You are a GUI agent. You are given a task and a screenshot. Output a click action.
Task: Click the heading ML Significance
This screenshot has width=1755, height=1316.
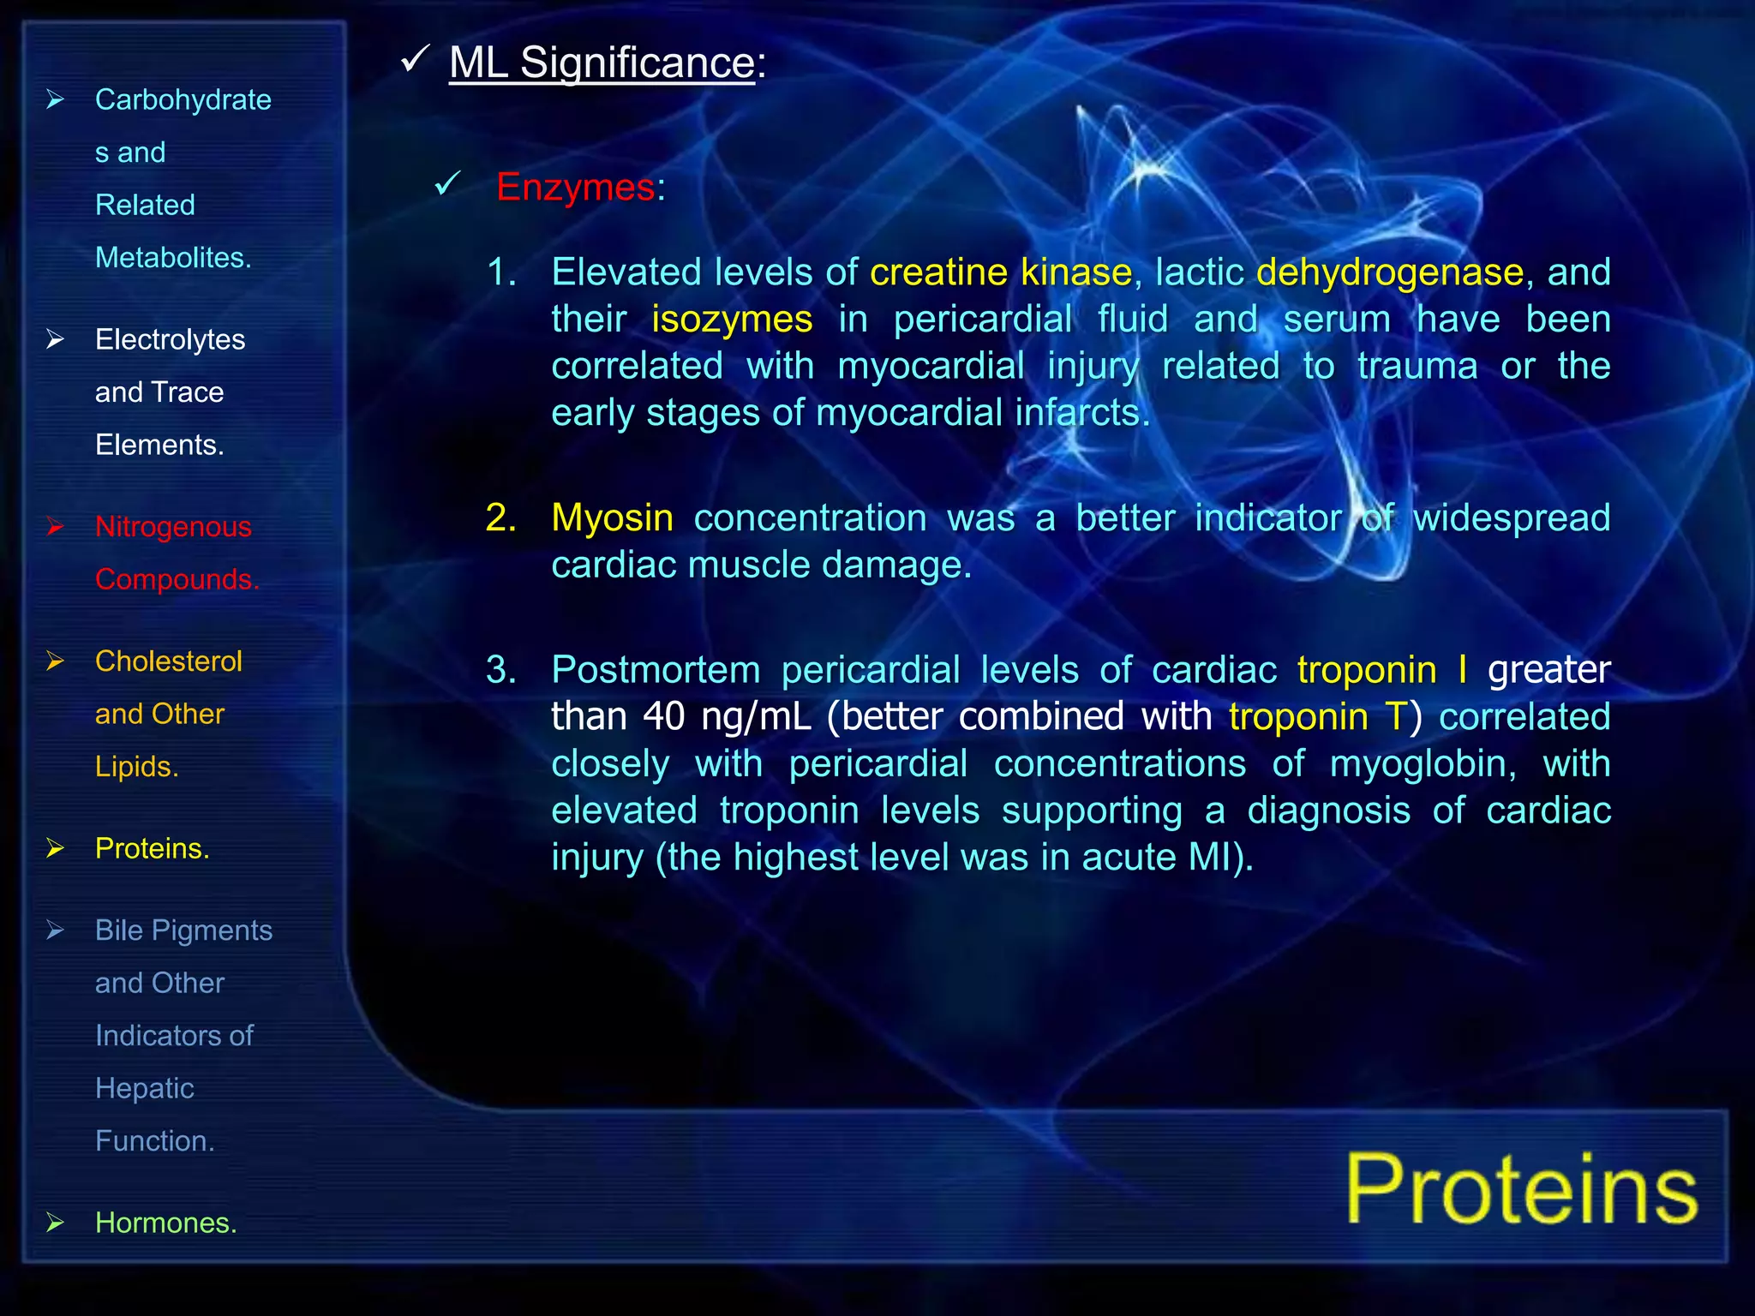click(602, 63)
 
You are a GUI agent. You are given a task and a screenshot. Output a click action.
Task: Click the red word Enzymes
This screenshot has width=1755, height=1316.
click(575, 187)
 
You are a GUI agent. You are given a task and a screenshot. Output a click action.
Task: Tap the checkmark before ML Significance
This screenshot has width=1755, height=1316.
click(415, 59)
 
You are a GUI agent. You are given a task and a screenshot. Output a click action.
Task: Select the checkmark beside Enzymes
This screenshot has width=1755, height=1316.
click(447, 182)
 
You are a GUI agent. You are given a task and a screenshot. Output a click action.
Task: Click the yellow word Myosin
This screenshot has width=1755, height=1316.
click(612, 518)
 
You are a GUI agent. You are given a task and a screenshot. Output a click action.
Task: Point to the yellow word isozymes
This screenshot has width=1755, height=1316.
click(731, 320)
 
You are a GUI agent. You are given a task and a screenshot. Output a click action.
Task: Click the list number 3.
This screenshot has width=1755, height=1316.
click(500, 670)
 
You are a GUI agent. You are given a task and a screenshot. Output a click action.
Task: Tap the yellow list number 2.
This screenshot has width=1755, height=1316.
click(500, 518)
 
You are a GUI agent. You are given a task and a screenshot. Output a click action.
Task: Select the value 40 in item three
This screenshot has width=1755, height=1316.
click(664, 716)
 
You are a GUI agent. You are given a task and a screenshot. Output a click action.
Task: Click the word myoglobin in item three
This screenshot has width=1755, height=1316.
click(1422, 763)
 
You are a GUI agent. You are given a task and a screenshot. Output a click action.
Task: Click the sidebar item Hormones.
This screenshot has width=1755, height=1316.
click(165, 1223)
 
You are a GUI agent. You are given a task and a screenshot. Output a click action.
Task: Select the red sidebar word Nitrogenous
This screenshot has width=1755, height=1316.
click(173, 527)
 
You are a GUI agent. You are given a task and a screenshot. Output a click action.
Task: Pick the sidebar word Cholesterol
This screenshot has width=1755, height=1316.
click(169, 661)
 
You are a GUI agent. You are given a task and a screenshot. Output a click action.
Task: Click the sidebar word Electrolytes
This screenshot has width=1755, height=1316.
click(170, 340)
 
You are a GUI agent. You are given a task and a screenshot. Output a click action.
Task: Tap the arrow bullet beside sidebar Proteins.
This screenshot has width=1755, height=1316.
click(56, 848)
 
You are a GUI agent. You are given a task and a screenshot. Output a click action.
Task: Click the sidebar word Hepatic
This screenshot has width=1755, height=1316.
click(144, 1088)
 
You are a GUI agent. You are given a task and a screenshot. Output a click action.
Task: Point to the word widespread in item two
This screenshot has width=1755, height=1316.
click(1511, 518)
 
